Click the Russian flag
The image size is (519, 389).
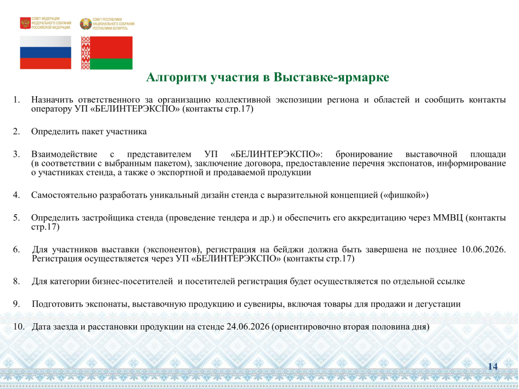click(x=46, y=53)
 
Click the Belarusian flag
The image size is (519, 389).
click(x=107, y=53)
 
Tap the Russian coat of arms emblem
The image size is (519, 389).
click(x=25, y=23)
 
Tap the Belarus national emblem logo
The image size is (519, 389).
click(x=86, y=24)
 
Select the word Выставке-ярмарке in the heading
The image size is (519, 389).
click(x=331, y=77)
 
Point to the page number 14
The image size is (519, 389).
click(x=493, y=367)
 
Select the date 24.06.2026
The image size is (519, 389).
click(x=248, y=327)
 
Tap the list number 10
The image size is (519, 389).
click(x=19, y=327)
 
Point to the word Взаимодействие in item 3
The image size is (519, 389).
click(x=64, y=154)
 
